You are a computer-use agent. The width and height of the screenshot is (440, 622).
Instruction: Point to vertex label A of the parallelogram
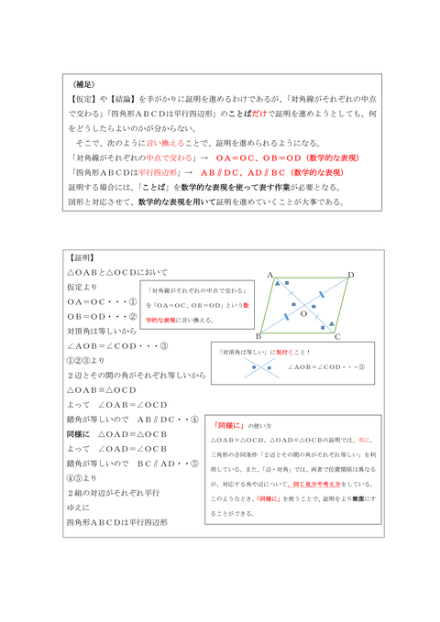[x=270, y=275]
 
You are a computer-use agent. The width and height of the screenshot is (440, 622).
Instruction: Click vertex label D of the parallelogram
[x=351, y=274]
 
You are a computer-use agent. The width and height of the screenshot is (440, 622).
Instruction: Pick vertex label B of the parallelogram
[x=258, y=336]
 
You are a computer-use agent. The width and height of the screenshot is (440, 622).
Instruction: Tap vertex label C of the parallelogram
[x=338, y=337]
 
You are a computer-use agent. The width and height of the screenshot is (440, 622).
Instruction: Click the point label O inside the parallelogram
[x=303, y=313]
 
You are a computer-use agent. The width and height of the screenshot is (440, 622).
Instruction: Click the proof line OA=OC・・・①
[x=102, y=300]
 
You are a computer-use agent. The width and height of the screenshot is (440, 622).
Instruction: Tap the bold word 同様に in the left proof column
[x=79, y=434]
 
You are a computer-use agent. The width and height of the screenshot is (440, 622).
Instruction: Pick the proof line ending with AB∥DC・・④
[x=129, y=420]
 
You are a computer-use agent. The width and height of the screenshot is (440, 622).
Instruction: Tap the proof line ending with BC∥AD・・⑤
[x=129, y=464]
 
